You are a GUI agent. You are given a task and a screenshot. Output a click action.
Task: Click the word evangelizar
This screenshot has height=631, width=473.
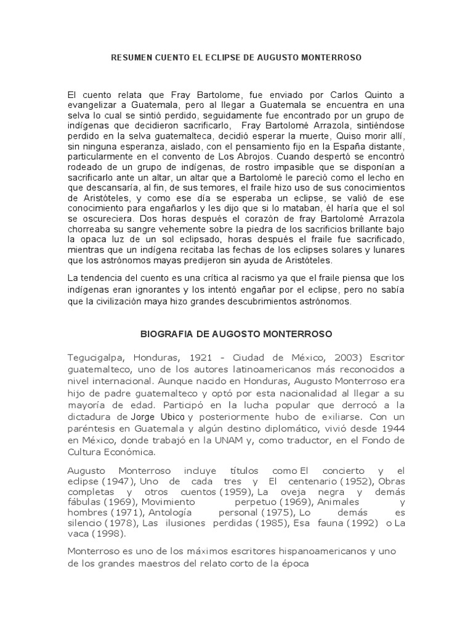[93, 105]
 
